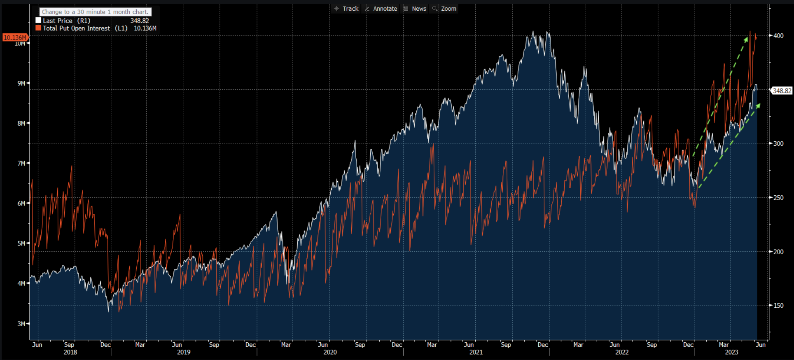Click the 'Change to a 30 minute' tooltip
click(x=95, y=12)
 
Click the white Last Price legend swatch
click(x=38, y=20)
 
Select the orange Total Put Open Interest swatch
click(x=38, y=28)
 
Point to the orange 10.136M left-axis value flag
click(x=15, y=37)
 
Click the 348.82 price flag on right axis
click(x=782, y=91)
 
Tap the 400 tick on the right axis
click(x=778, y=36)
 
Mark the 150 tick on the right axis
click(x=778, y=306)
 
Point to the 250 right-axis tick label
click(x=778, y=198)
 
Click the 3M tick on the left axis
click(x=21, y=324)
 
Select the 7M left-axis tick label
click(x=21, y=164)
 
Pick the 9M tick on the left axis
click(x=21, y=83)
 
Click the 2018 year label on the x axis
click(x=70, y=352)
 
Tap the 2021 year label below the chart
click(x=476, y=352)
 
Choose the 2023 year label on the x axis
click(x=731, y=352)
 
